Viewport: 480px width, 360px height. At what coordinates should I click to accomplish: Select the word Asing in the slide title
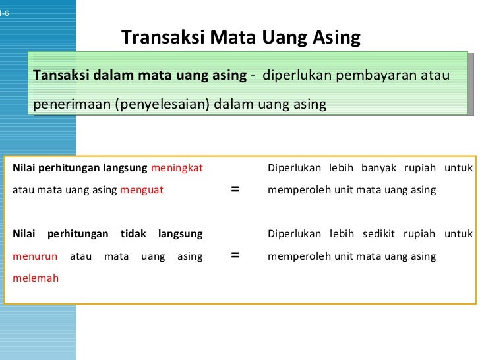click(x=336, y=37)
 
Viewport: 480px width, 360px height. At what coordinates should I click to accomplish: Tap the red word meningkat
click(x=177, y=167)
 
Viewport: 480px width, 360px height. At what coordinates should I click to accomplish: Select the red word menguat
click(x=142, y=190)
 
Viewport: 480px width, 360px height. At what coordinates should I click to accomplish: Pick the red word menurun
click(x=35, y=256)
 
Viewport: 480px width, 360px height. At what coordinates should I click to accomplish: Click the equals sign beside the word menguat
click(x=234, y=190)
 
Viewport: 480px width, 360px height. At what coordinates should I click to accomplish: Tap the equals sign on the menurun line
click(x=234, y=256)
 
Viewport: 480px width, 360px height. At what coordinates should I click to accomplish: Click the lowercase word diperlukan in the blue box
click(x=297, y=75)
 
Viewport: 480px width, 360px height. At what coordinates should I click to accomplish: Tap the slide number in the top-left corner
click(x=5, y=13)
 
